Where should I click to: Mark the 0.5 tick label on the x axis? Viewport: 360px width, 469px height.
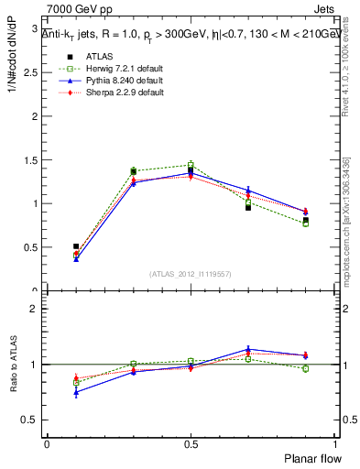pyautogui.click(x=191, y=443)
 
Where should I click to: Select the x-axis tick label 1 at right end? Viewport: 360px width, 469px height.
pyautogui.click(x=335, y=443)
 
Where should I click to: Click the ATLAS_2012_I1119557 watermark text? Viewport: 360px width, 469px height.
pyautogui.click(x=191, y=274)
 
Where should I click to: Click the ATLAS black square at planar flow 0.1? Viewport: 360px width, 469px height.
pyautogui.click(x=76, y=246)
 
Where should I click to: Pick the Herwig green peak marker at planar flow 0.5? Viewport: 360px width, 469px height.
pyautogui.click(x=191, y=166)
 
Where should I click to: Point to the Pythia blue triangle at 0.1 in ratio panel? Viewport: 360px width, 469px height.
pyautogui.click(x=76, y=392)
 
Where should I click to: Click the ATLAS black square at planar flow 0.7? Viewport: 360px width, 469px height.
pyautogui.click(x=248, y=208)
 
